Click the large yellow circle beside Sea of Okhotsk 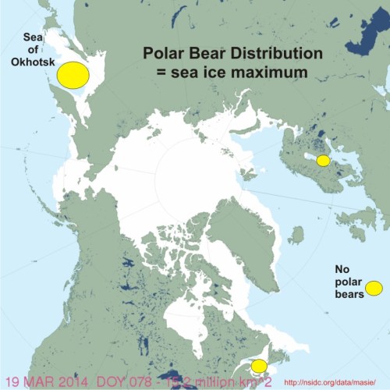pyautogui.click(x=71, y=73)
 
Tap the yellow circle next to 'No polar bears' pyautogui.click(x=374, y=288)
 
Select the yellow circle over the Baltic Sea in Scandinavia pyautogui.click(x=322, y=160)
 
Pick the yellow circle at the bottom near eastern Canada pyautogui.click(x=259, y=366)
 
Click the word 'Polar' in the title pyautogui.click(x=161, y=55)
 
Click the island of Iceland pyautogui.click(x=296, y=233)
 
